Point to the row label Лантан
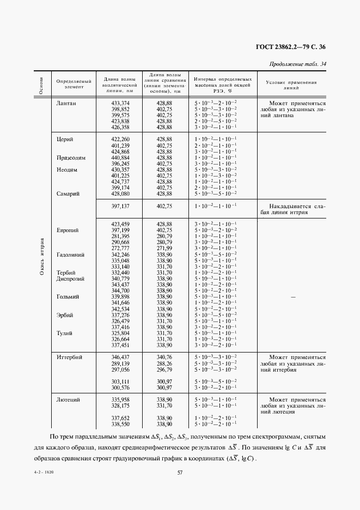point(66,103)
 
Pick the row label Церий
point(65,139)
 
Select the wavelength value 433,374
point(120,103)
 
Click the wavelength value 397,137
point(120,207)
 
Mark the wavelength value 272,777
point(120,248)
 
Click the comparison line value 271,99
point(164,248)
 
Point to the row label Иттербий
point(69,357)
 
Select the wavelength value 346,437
point(120,357)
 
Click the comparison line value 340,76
point(164,357)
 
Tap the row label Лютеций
point(68,399)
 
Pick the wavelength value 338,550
point(120,423)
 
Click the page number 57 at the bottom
point(179,473)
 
